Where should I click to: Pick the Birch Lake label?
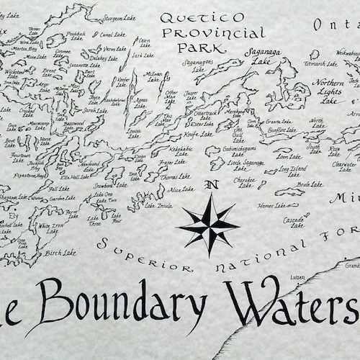pos(60,253)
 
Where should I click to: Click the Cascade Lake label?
pos(294,221)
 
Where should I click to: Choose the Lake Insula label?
pos(158,205)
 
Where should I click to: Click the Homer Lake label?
pos(272,205)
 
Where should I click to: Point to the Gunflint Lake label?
pos(281,132)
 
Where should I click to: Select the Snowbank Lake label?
pos(104,185)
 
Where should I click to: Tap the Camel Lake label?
pos(113,34)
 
